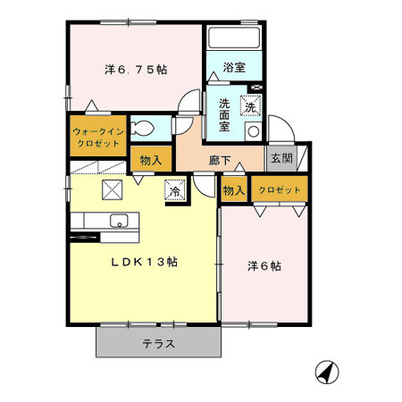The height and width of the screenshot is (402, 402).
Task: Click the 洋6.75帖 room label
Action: coord(136,69)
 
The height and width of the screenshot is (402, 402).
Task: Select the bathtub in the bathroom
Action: coord(233,39)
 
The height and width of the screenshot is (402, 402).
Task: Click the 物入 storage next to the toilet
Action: coord(150,161)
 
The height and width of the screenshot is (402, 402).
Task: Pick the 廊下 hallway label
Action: coord(221,161)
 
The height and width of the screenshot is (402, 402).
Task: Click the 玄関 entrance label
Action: coord(281,158)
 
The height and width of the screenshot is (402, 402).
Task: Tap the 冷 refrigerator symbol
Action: coord(174,190)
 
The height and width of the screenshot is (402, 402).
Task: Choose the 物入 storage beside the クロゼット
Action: coord(233,190)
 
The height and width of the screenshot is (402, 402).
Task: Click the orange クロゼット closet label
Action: coord(281,190)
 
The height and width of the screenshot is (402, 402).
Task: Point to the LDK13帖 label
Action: coord(143,263)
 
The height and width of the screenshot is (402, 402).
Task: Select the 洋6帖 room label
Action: coord(264,266)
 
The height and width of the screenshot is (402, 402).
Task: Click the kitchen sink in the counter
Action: coord(117,222)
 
